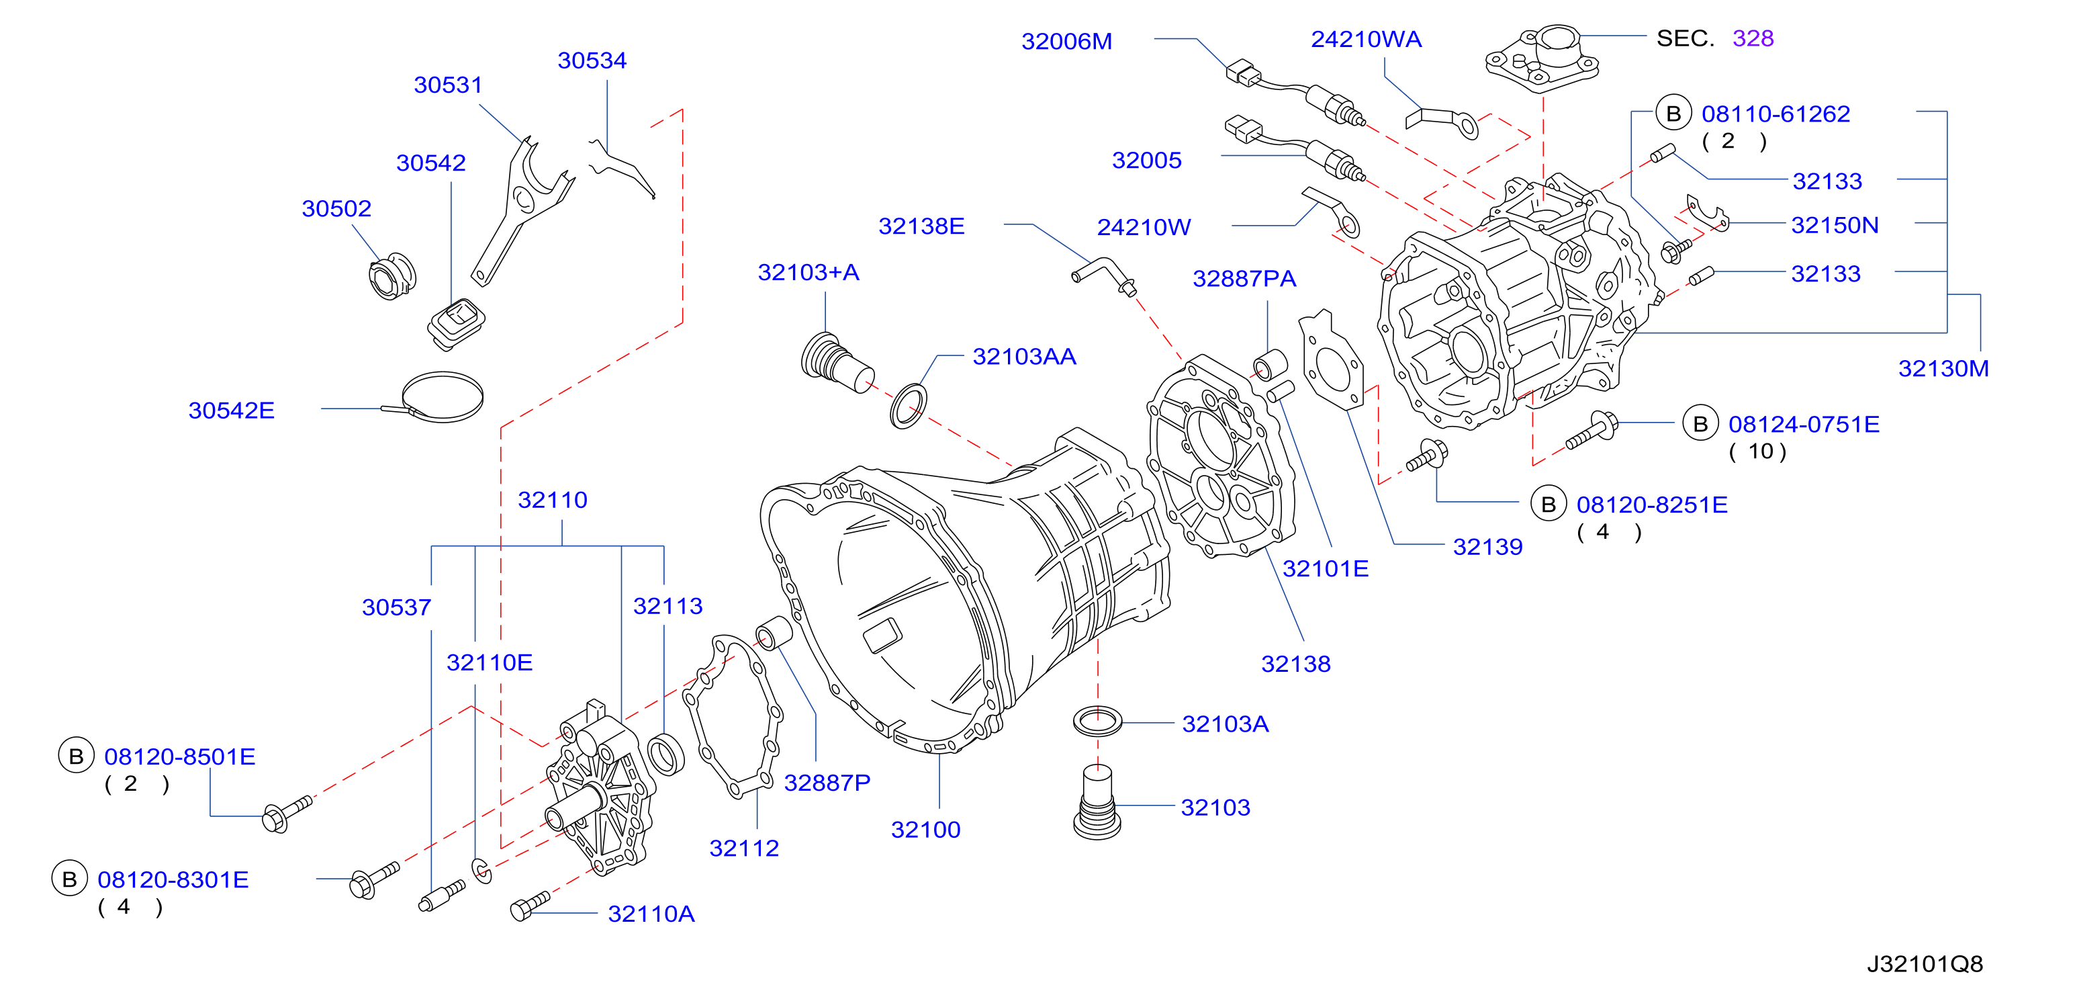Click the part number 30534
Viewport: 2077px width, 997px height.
coord(592,60)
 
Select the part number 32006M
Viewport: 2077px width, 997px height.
coord(1067,41)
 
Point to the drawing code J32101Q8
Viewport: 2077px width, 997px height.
coord(1925,964)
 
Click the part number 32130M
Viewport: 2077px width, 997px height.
coord(1943,369)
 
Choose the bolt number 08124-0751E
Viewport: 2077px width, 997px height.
coord(1804,425)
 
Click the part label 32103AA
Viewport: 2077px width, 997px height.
coord(1024,357)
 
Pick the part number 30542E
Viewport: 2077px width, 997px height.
coord(232,410)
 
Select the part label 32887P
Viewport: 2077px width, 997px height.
coord(827,783)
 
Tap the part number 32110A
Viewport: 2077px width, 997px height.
coord(651,914)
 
